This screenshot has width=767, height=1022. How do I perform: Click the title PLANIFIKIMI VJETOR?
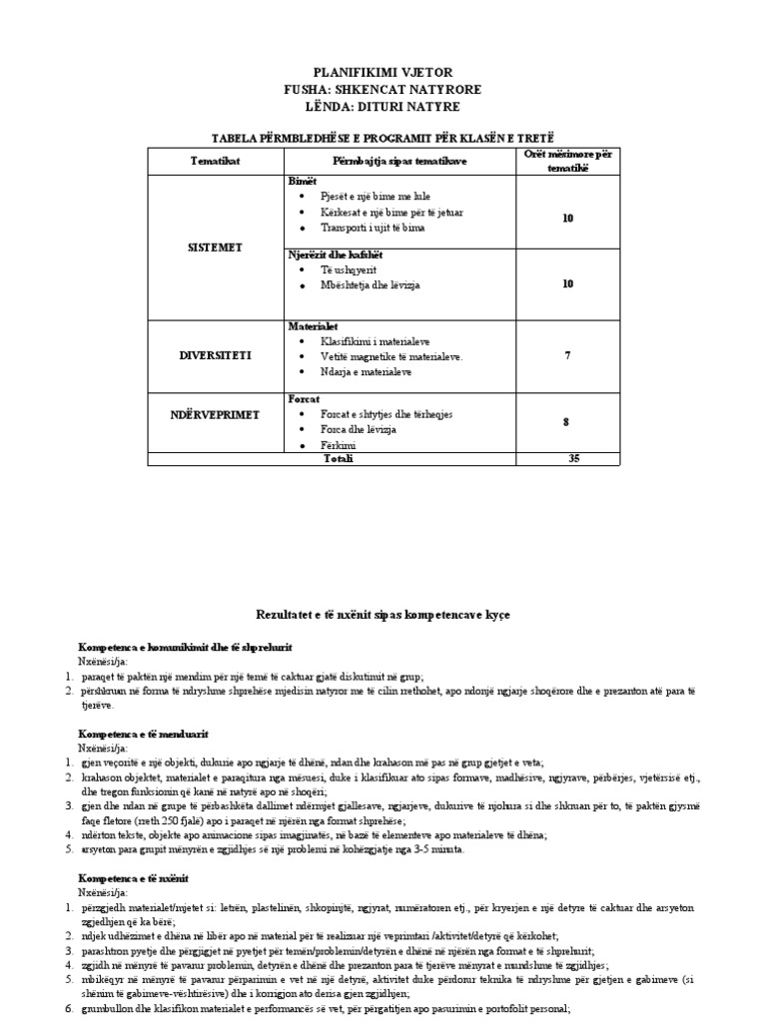coord(383,73)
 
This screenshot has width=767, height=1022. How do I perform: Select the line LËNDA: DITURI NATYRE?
coord(383,106)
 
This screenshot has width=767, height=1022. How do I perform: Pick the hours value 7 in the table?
coord(567,355)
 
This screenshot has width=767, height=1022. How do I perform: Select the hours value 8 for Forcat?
coord(567,422)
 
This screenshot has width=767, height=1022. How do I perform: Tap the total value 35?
coord(567,459)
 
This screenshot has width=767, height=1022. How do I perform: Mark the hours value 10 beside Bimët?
coord(567,218)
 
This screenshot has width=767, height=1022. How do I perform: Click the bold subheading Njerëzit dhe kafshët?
coord(335,255)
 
